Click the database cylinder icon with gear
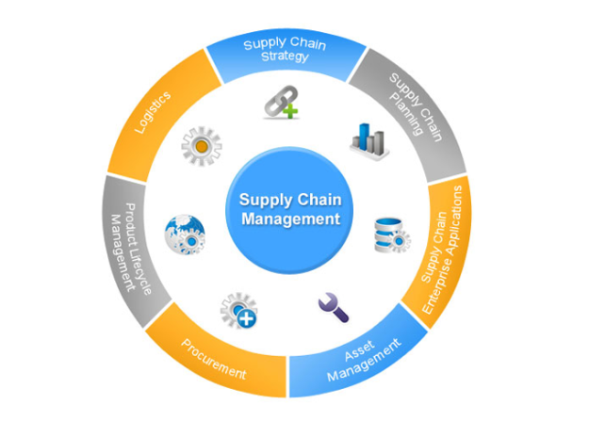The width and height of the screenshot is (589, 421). (391, 232)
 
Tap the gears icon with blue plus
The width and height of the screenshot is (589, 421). (237, 310)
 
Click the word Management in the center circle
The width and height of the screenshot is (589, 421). (289, 219)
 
